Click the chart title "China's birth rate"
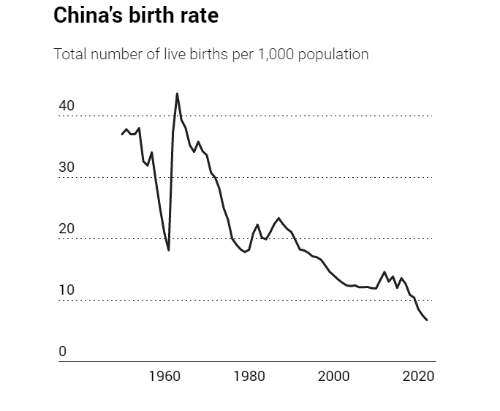click(x=136, y=16)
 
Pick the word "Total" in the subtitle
click(x=69, y=55)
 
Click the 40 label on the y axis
click(x=67, y=106)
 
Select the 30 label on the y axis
click(x=67, y=167)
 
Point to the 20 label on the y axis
click(x=67, y=229)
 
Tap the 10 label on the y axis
click(x=67, y=290)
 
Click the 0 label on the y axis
click(x=63, y=352)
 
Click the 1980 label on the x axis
click(x=249, y=377)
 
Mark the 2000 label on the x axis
click(x=334, y=377)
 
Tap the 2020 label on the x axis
click(x=419, y=377)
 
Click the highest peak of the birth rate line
click(x=177, y=94)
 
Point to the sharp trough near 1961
click(x=169, y=249)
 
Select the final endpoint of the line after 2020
click(x=427, y=320)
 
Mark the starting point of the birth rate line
click(x=122, y=134)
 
